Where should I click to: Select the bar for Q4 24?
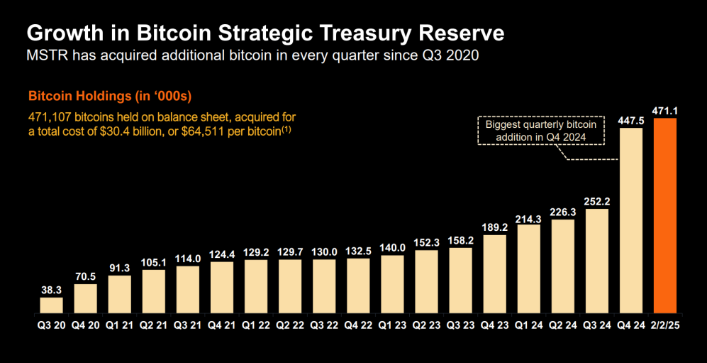(x=631, y=220)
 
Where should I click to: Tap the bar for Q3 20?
(x=51, y=305)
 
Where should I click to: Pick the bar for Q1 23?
(x=392, y=284)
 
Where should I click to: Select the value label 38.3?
(x=51, y=290)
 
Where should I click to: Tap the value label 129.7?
(x=290, y=252)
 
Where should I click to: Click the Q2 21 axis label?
(x=153, y=326)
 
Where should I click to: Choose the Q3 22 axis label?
(x=324, y=326)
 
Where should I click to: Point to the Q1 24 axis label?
(x=529, y=326)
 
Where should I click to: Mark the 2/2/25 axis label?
(x=666, y=326)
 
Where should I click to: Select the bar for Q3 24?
(x=597, y=261)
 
